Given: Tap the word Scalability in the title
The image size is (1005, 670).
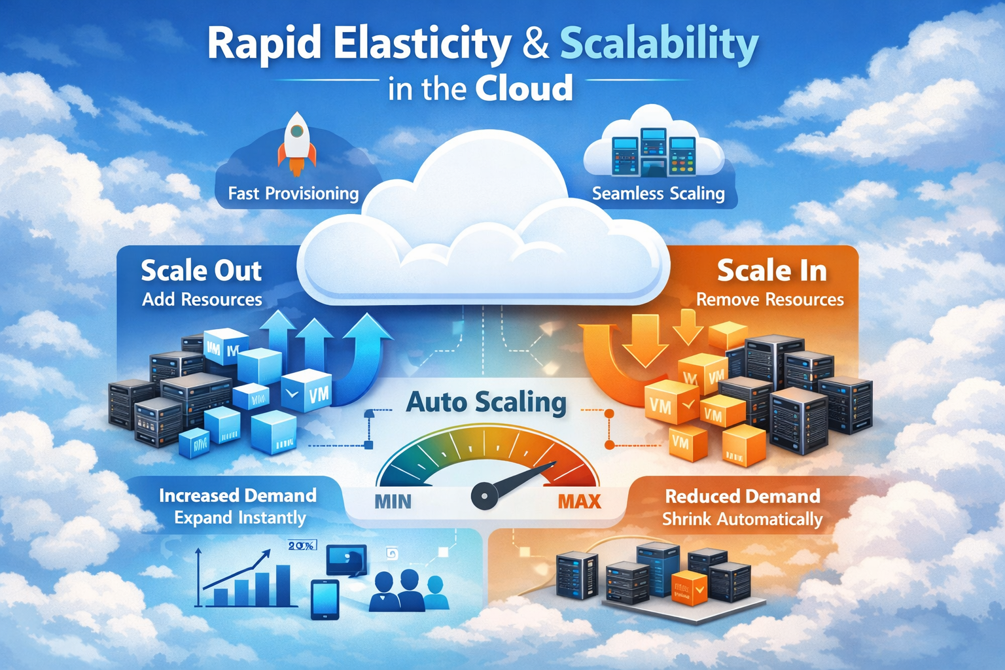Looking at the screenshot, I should (659, 44).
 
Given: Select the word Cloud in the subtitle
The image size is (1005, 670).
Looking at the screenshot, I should (524, 89).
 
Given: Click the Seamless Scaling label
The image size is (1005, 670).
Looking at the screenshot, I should (658, 194).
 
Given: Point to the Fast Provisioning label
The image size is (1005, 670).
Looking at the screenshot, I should (293, 194).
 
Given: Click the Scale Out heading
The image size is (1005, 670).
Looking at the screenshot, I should (202, 271).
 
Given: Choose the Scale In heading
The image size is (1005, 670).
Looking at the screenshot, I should (771, 271).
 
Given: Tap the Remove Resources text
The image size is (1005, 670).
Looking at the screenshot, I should (769, 300).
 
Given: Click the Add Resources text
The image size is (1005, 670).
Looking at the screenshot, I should (202, 300).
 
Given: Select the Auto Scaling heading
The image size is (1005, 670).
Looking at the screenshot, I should (486, 402).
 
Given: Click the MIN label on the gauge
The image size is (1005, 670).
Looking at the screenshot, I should (393, 502).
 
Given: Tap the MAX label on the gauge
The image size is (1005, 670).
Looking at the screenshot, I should (579, 502).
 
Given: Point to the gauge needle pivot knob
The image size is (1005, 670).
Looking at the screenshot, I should (484, 496).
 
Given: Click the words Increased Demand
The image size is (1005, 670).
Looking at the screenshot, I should (238, 495).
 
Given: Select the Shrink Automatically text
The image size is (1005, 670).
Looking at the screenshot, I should (742, 520).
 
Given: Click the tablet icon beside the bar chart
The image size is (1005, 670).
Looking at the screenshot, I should (325, 599).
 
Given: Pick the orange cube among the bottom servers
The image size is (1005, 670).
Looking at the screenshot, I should (690, 587).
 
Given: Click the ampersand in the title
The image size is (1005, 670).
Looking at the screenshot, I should (536, 44).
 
